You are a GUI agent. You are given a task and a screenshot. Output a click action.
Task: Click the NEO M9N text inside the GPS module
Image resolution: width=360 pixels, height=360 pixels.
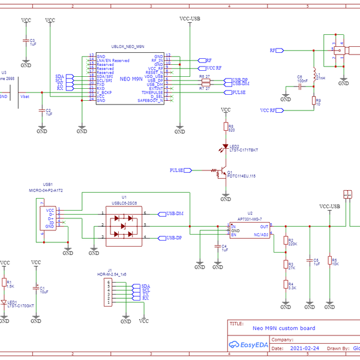tap(131, 79)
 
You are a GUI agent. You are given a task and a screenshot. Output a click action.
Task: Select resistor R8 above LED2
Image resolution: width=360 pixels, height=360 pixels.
tap(226, 127)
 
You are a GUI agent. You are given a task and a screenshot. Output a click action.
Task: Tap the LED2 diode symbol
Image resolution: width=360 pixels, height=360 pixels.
tap(226, 146)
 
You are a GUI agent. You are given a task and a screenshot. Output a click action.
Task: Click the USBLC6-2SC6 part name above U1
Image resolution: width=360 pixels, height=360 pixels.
tap(124, 203)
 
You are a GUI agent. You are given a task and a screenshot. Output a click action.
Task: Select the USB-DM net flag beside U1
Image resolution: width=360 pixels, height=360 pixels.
tap(175, 214)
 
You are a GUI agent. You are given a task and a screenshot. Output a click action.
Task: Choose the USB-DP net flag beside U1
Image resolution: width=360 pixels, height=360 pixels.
tap(173, 238)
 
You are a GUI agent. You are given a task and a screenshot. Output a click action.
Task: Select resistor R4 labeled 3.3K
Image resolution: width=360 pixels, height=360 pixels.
tap(286, 286)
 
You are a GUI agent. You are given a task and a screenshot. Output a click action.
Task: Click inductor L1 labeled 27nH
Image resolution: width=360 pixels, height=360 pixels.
tap(313, 77)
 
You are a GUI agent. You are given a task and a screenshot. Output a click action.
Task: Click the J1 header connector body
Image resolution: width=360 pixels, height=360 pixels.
tap(109, 292)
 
